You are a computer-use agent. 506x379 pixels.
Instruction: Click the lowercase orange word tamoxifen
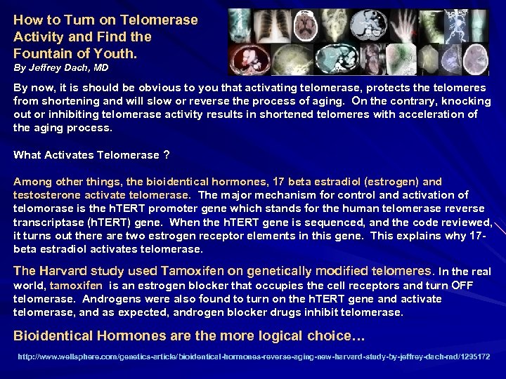coord(75,286)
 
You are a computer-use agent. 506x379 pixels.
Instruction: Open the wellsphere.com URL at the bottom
coord(253,357)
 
